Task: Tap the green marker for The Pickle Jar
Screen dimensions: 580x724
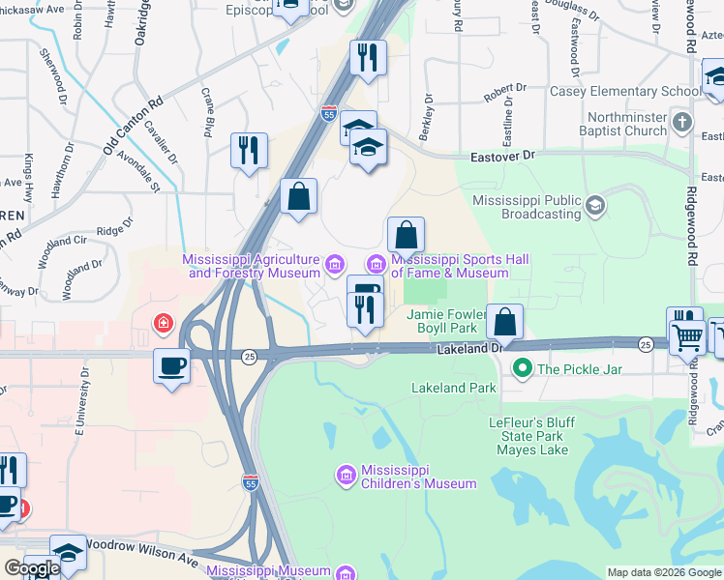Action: [x=523, y=368]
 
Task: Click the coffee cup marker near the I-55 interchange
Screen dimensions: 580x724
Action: [x=171, y=366]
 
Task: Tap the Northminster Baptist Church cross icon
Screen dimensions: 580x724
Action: [x=682, y=122]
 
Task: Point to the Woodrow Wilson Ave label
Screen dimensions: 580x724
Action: [x=140, y=546]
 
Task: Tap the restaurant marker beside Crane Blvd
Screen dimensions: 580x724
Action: [x=249, y=150]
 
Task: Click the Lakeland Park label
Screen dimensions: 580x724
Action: [x=453, y=389]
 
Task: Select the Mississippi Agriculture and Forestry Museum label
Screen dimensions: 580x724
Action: [x=254, y=266]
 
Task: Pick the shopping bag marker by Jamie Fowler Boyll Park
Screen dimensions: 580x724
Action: [x=504, y=321]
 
